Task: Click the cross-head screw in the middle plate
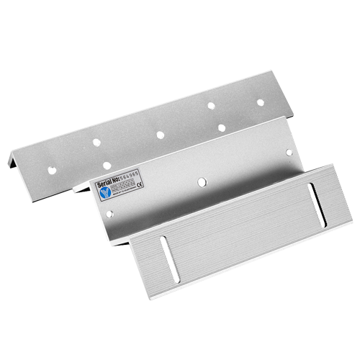[200, 182]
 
